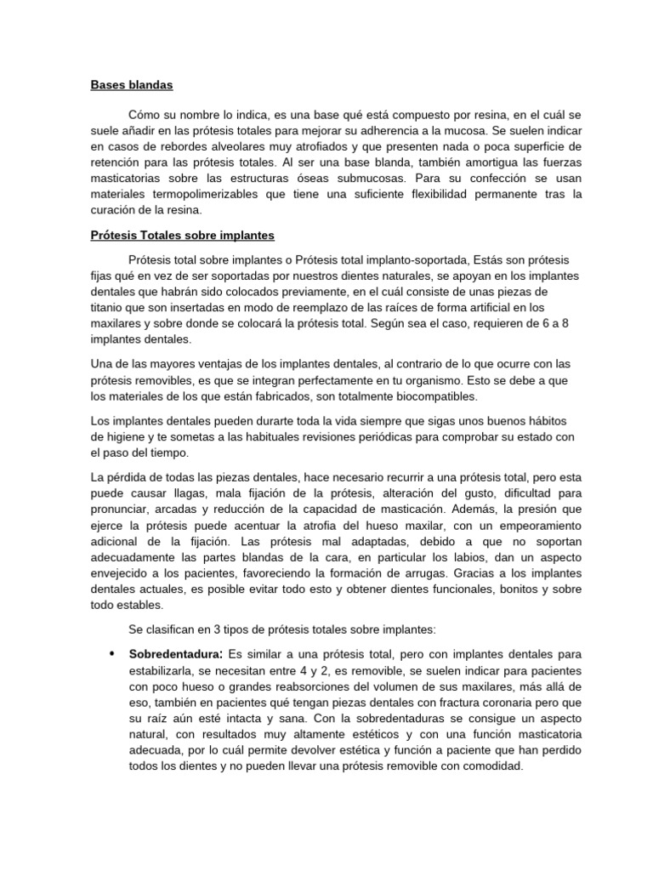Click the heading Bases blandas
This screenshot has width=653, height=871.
point(132,85)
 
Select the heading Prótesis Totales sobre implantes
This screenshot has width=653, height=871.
point(182,235)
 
